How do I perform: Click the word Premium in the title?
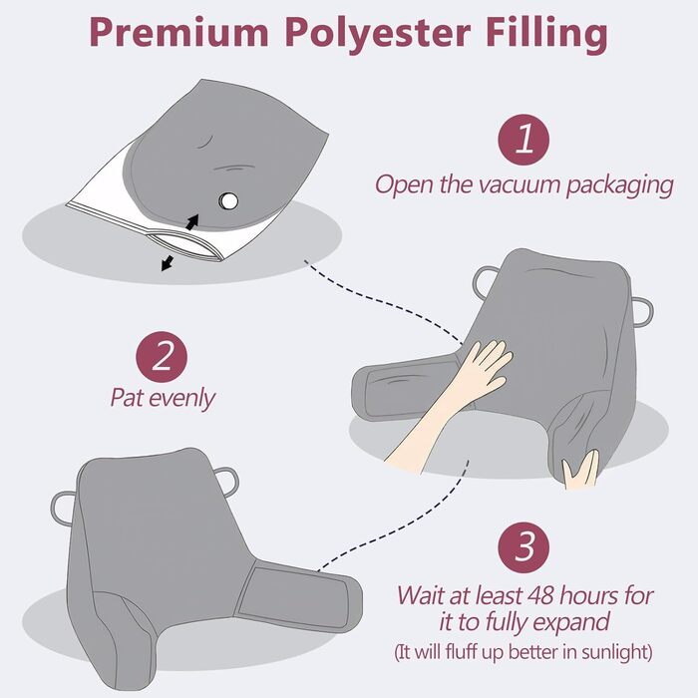[178, 33]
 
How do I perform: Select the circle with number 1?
[523, 140]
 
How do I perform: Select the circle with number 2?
[162, 357]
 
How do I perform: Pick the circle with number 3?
[523, 547]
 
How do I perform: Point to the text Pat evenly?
[163, 398]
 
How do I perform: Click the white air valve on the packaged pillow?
[228, 200]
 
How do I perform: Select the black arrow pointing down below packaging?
[168, 263]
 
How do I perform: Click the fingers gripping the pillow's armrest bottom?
[580, 470]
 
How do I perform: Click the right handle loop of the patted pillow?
[644, 312]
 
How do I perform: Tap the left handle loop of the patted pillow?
[485, 278]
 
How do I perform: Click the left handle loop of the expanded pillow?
[62, 508]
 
